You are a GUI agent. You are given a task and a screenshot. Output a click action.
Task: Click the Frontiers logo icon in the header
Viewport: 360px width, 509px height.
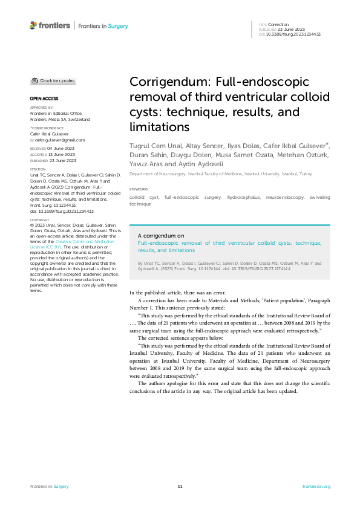(x=33, y=25)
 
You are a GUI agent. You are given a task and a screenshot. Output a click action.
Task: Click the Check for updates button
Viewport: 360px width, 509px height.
(x=54, y=80)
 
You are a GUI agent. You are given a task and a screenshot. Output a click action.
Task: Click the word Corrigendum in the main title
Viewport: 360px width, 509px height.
(x=171, y=83)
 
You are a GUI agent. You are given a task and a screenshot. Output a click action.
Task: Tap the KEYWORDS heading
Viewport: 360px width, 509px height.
(x=139, y=189)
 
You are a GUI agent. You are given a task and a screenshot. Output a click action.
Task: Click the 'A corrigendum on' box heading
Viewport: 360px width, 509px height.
(x=161, y=236)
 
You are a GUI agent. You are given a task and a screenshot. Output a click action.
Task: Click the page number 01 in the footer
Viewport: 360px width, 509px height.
(x=180, y=486)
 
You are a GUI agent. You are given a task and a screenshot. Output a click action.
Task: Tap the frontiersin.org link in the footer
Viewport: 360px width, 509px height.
(x=315, y=486)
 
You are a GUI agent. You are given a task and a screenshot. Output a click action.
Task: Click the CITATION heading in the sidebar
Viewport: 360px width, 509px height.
(x=38, y=169)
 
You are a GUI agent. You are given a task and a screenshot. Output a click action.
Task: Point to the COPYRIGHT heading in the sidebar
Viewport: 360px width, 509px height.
(x=40, y=220)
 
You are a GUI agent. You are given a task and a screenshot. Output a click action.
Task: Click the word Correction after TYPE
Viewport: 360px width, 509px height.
(x=278, y=25)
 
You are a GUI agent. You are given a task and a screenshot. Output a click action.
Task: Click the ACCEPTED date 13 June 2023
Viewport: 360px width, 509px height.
(x=63, y=154)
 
